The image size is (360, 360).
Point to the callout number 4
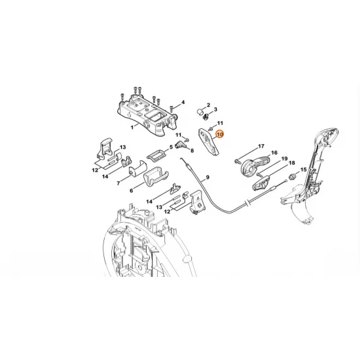[183, 102]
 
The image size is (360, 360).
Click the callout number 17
[261, 146]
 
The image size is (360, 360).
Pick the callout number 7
[192, 151]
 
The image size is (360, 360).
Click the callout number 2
[209, 105]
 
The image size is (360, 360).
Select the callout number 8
[192, 151]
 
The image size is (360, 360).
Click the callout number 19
[285, 159]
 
